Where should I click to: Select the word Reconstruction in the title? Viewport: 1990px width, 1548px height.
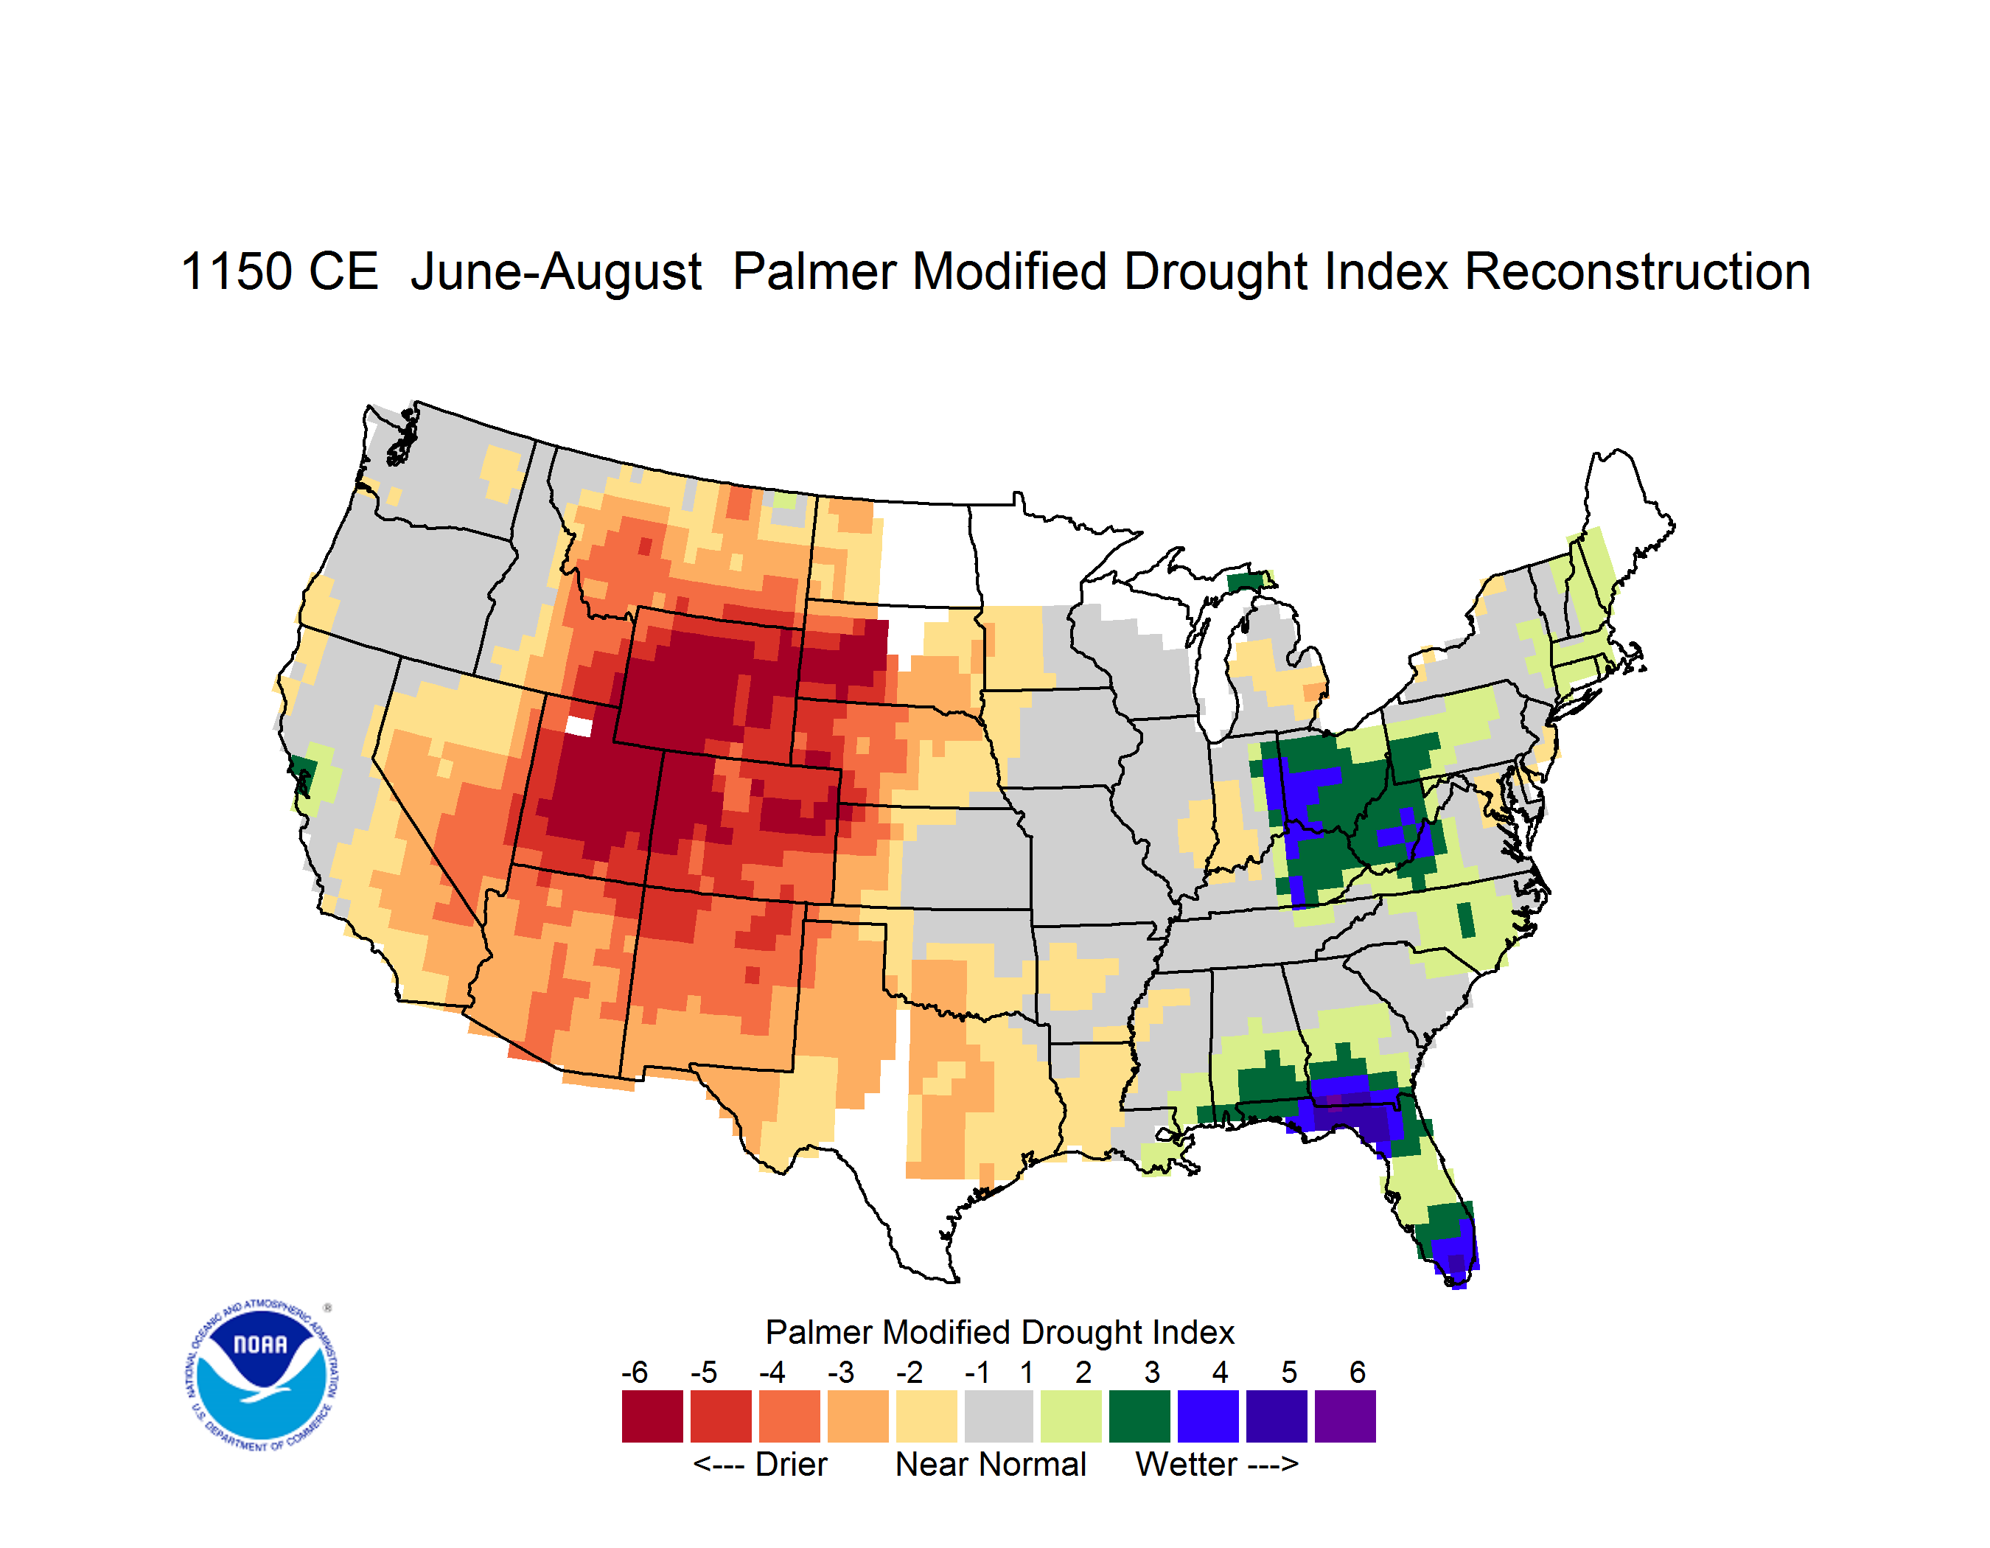[1638, 273]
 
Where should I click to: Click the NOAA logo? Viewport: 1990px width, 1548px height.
[262, 1375]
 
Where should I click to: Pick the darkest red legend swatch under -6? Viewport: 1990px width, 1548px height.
[652, 1416]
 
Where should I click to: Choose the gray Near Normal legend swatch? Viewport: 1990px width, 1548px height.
[999, 1416]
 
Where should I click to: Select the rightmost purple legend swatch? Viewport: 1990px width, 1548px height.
[1345, 1416]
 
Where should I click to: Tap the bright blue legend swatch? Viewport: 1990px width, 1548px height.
[1208, 1416]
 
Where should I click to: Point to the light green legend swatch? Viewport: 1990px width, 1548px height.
[1072, 1416]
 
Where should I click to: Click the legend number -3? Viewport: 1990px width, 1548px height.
[840, 1372]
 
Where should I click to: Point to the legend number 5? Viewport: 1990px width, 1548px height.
[1289, 1372]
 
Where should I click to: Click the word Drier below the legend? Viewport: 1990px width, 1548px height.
[791, 1464]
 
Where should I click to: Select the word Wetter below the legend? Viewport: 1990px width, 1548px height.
[1187, 1464]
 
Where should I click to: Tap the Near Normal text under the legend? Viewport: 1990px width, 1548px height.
[991, 1464]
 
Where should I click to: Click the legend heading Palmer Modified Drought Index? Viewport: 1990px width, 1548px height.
[999, 1332]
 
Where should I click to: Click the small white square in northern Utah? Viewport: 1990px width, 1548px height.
[579, 726]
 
